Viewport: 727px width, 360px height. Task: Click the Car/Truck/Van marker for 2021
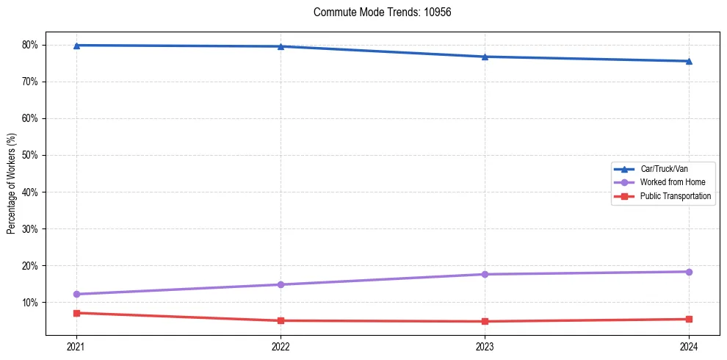[x=76, y=46]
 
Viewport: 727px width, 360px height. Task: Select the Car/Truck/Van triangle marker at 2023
[x=485, y=57]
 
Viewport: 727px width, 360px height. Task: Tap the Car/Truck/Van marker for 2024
[x=689, y=61]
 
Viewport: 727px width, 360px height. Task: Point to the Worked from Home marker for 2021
[x=76, y=294]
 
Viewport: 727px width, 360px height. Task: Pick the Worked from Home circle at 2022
[x=281, y=284]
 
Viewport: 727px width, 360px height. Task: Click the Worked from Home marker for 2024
[x=689, y=272]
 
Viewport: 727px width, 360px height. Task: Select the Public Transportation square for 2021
[x=76, y=313]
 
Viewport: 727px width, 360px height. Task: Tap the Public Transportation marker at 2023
[x=485, y=321]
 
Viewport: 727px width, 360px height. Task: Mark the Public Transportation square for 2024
[x=689, y=319]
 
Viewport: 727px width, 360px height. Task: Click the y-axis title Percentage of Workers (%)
[x=11, y=183]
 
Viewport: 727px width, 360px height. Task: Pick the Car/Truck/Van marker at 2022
[x=281, y=46]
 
